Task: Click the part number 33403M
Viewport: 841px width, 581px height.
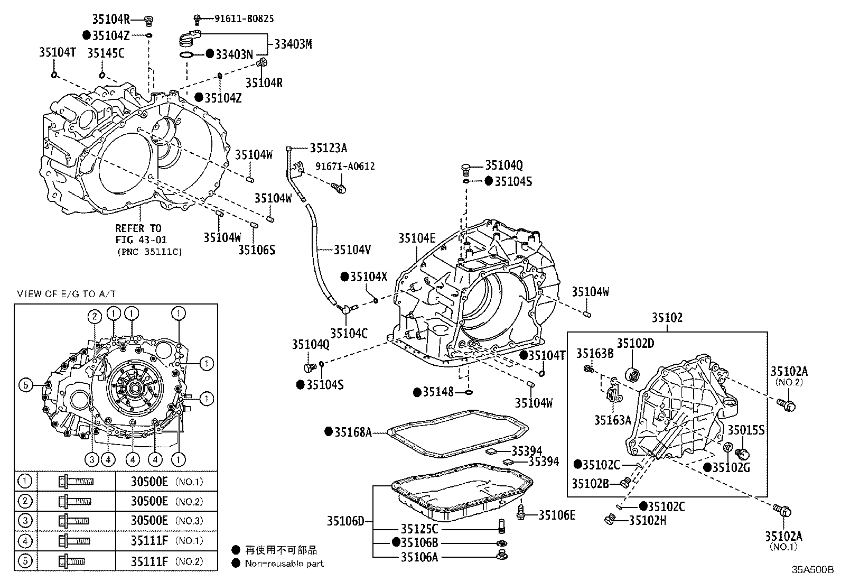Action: pyautogui.click(x=293, y=44)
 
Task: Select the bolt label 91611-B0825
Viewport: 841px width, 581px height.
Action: pyautogui.click(x=244, y=19)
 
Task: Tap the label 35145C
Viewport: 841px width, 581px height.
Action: pyautogui.click(x=106, y=53)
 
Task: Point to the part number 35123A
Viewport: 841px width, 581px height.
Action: pyautogui.click(x=329, y=148)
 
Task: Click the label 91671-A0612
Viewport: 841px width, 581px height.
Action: pyautogui.click(x=345, y=166)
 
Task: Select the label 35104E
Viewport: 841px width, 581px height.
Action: pyautogui.click(x=417, y=238)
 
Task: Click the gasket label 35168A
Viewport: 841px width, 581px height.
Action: pyautogui.click(x=353, y=432)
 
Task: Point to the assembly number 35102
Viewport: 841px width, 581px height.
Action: pyautogui.click(x=667, y=318)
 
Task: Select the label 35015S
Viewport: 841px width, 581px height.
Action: pyautogui.click(x=746, y=430)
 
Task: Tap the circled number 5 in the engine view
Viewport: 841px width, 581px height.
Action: pyautogui.click(x=26, y=385)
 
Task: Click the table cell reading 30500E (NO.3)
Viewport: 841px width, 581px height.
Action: pyautogui.click(x=166, y=521)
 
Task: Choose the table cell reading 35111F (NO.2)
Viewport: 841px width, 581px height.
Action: pyautogui.click(x=166, y=561)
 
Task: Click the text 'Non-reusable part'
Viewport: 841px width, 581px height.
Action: pyautogui.click(x=284, y=564)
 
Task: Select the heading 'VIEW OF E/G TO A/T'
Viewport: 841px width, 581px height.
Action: pyautogui.click(x=67, y=294)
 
